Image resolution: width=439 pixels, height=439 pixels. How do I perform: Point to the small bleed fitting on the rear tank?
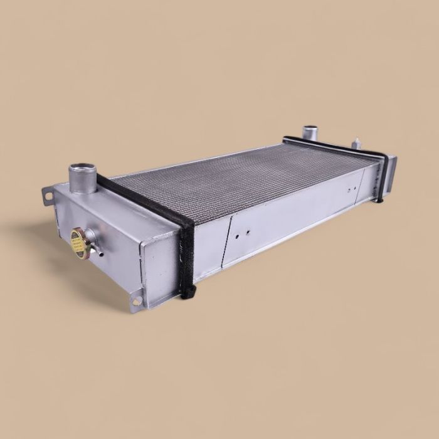point(355,144)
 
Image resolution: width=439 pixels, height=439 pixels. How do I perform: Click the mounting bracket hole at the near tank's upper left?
point(48,196)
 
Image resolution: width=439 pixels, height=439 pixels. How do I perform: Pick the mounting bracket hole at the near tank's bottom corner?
point(137,301)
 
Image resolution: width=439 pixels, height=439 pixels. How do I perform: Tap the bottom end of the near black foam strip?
point(189,292)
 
